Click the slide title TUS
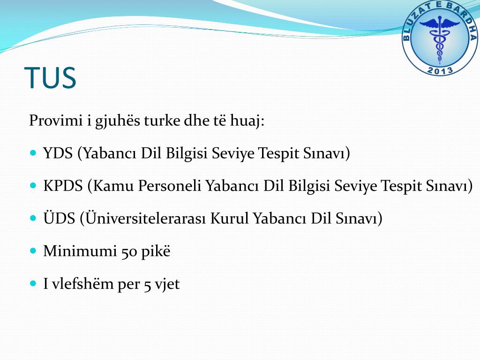(50, 78)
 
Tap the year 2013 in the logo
(440, 70)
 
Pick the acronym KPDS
(63, 186)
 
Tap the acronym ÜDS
(59, 218)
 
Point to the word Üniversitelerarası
(144, 218)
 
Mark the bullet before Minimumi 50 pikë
(33, 251)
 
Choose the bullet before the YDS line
(33, 153)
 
